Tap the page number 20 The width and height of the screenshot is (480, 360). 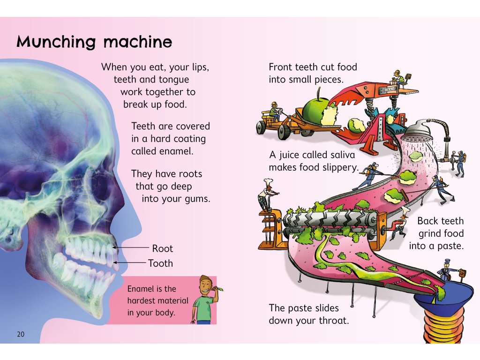(x=20, y=334)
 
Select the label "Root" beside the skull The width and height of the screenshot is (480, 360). (x=162, y=248)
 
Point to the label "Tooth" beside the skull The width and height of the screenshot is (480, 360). (x=160, y=263)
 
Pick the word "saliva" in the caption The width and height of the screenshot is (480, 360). (x=341, y=155)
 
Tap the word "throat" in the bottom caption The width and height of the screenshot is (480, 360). (x=332, y=321)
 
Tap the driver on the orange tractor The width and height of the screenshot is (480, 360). (x=274, y=110)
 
